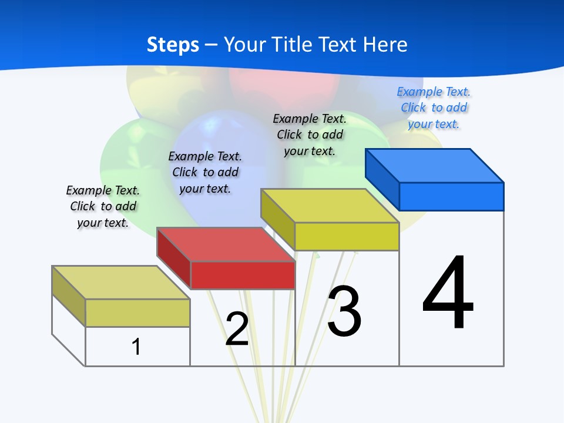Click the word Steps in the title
click(x=173, y=45)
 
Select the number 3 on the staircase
click(x=344, y=312)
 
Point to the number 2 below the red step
click(x=237, y=329)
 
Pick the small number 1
click(x=136, y=347)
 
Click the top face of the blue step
click(x=435, y=165)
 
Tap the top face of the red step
click(x=226, y=244)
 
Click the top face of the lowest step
click(x=121, y=282)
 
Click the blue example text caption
click(x=434, y=108)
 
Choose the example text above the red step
click(x=205, y=172)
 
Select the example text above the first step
click(x=103, y=206)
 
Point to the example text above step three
click(x=310, y=135)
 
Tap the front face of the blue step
click(x=451, y=196)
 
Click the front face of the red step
click(x=243, y=275)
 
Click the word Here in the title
click(x=385, y=45)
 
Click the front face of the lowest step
click(x=137, y=313)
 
